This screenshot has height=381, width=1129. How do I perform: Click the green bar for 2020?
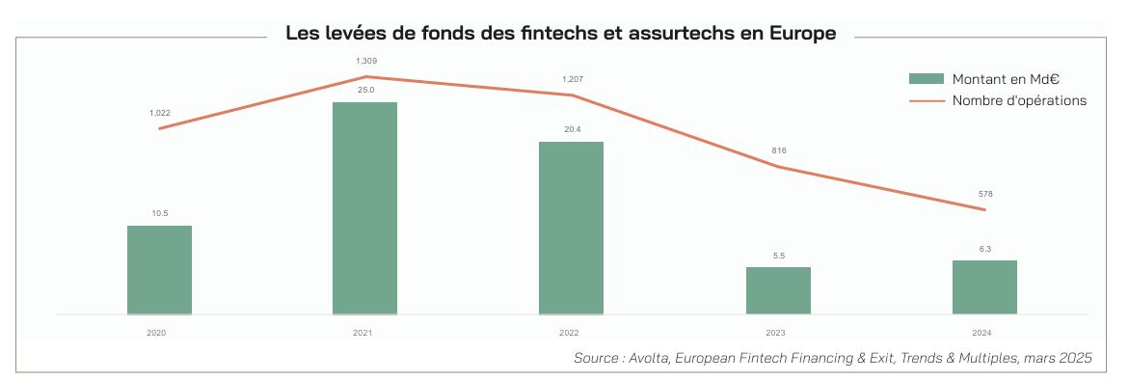pyautogui.click(x=159, y=270)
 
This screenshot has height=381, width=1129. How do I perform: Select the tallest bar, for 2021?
pyautogui.click(x=364, y=208)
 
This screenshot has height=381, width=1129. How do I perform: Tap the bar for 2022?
pyautogui.click(x=571, y=228)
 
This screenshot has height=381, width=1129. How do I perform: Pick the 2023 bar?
pyautogui.click(x=778, y=290)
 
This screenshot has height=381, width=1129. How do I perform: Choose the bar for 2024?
pyautogui.click(x=984, y=286)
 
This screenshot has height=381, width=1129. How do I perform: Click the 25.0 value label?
pyautogui.click(x=365, y=90)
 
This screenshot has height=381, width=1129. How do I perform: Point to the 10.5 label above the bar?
pyautogui.click(x=159, y=213)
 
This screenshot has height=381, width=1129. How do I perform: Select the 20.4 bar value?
pyautogui.click(x=572, y=129)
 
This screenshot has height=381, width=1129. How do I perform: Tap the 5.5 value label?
pyautogui.click(x=778, y=255)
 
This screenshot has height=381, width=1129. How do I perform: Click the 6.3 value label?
pyautogui.click(x=984, y=248)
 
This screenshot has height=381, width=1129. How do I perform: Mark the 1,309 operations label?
pyautogui.click(x=365, y=62)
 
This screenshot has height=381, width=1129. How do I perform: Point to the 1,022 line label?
pyautogui.click(x=159, y=113)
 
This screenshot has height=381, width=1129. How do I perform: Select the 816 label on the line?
pyautogui.click(x=778, y=150)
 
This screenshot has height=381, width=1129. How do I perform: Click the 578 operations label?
pyautogui.click(x=984, y=194)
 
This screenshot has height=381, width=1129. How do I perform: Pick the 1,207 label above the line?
pyautogui.click(x=572, y=79)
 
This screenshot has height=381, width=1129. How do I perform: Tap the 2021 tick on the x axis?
pyautogui.click(x=363, y=332)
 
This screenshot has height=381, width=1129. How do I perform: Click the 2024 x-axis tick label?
pyautogui.click(x=982, y=332)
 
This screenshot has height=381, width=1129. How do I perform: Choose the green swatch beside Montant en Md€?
pyautogui.click(x=925, y=79)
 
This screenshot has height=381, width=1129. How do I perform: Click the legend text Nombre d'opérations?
pyautogui.click(x=1019, y=100)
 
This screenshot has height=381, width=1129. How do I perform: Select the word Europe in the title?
pyautogui.click(x=802, y=34)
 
